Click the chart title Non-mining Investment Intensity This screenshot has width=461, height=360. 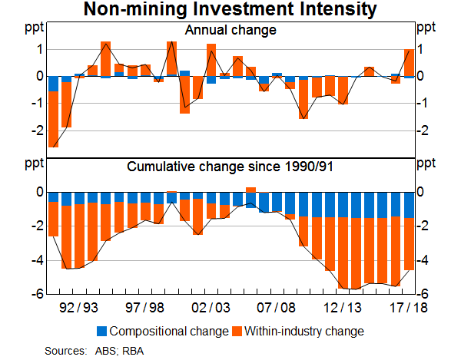click(x=230, y=10)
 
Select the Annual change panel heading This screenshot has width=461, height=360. click(x=230, y=31)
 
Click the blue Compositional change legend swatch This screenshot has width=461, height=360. click(x=102, y=332)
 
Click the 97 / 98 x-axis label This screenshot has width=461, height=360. click(x=146, y=307)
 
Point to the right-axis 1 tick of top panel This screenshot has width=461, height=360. click(x=422, y=50)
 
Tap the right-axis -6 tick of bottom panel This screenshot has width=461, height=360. click(x=422, y=294)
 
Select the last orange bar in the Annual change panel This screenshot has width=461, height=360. click(x=409, y=63)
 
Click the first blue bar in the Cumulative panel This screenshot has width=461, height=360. click(x=53, y=197)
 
